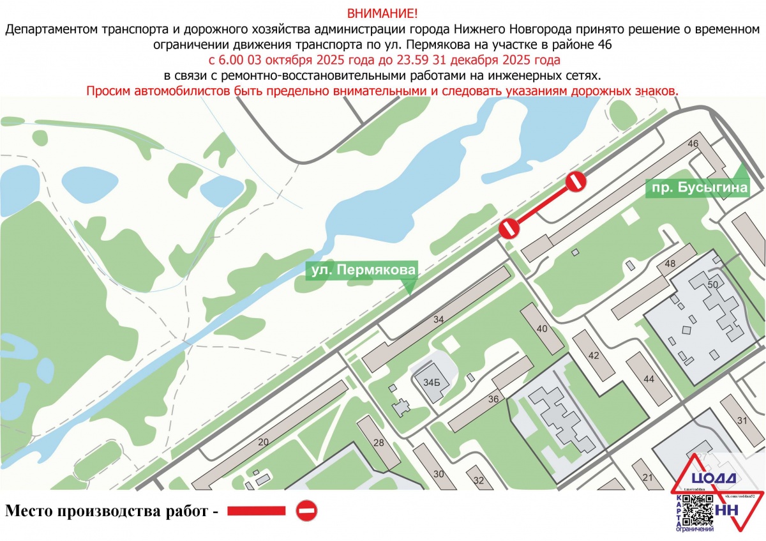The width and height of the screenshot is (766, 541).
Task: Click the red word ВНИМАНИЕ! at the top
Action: click(383, 13)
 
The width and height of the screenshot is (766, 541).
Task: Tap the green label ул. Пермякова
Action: click(361, 270)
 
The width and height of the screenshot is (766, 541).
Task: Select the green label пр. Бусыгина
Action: click(696, 188)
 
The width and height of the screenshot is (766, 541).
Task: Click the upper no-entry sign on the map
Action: click(576, 181)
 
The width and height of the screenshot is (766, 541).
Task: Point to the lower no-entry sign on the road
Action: click(509, 228)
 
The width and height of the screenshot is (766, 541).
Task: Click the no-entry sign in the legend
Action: click(306, 510)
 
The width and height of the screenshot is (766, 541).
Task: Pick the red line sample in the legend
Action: click(256, 510)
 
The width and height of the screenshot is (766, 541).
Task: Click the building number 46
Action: click(693, 144)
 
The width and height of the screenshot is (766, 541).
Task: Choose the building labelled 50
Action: click(713, 284)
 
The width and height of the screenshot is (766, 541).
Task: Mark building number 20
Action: click(263, 442)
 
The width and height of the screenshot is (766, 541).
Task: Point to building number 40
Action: click(543, 329)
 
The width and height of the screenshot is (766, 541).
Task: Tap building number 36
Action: click(493, 399)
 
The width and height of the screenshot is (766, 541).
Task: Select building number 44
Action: click(649, 379)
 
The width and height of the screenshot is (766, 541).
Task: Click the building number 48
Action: click(670, 264)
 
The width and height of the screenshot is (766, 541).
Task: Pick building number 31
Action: click(741, 420)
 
